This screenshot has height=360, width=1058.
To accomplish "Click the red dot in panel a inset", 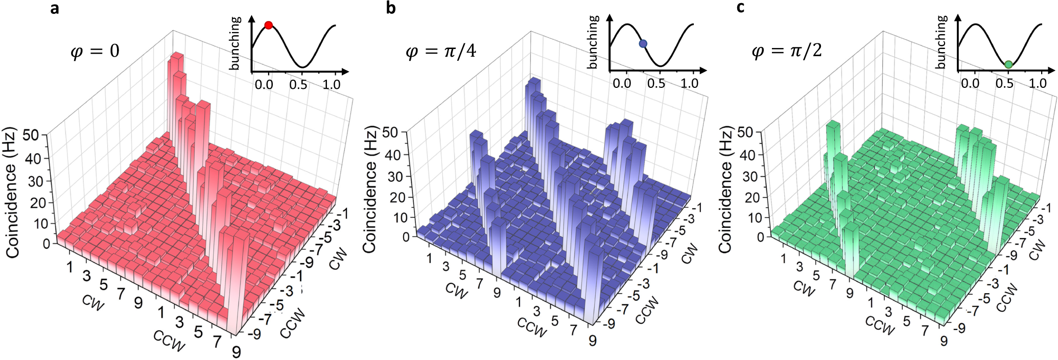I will (x=268, y=25).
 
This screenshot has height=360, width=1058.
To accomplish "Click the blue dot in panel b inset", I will (x=643, y=44).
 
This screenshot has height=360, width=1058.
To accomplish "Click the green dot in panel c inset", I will (x=1008, y=64).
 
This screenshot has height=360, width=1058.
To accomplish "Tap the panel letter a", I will (x=55, y=8).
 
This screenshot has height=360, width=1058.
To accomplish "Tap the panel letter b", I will (x=391, y=8).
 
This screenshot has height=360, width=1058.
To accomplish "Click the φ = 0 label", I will (x=95, y=51).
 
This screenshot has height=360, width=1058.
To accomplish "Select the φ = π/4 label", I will (x=440, y=51).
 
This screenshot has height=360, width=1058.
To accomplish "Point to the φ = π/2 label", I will (x=787, y=51).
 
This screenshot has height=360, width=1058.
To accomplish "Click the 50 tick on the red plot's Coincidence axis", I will (x=31, y=136).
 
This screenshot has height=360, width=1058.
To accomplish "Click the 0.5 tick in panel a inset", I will (x=298, y=84).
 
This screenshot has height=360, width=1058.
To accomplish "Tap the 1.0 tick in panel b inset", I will (x=689, y=83).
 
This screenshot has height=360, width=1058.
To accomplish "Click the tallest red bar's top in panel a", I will (x=177, y=56).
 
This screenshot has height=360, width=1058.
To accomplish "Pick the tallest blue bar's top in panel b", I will (x=534, y=81).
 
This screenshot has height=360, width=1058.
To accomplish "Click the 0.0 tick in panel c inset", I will (x=970, y=83).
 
